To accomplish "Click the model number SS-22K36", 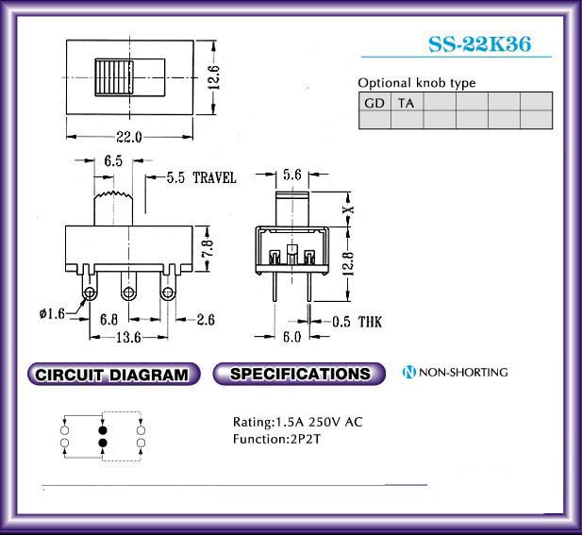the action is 479,43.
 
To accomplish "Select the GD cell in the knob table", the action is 374,103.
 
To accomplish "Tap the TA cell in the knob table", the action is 407,103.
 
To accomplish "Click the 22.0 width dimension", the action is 129,137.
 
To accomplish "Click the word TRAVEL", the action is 214,177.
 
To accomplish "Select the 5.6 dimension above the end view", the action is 292,175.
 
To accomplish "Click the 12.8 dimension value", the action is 348,263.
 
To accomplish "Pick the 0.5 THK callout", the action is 357,322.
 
